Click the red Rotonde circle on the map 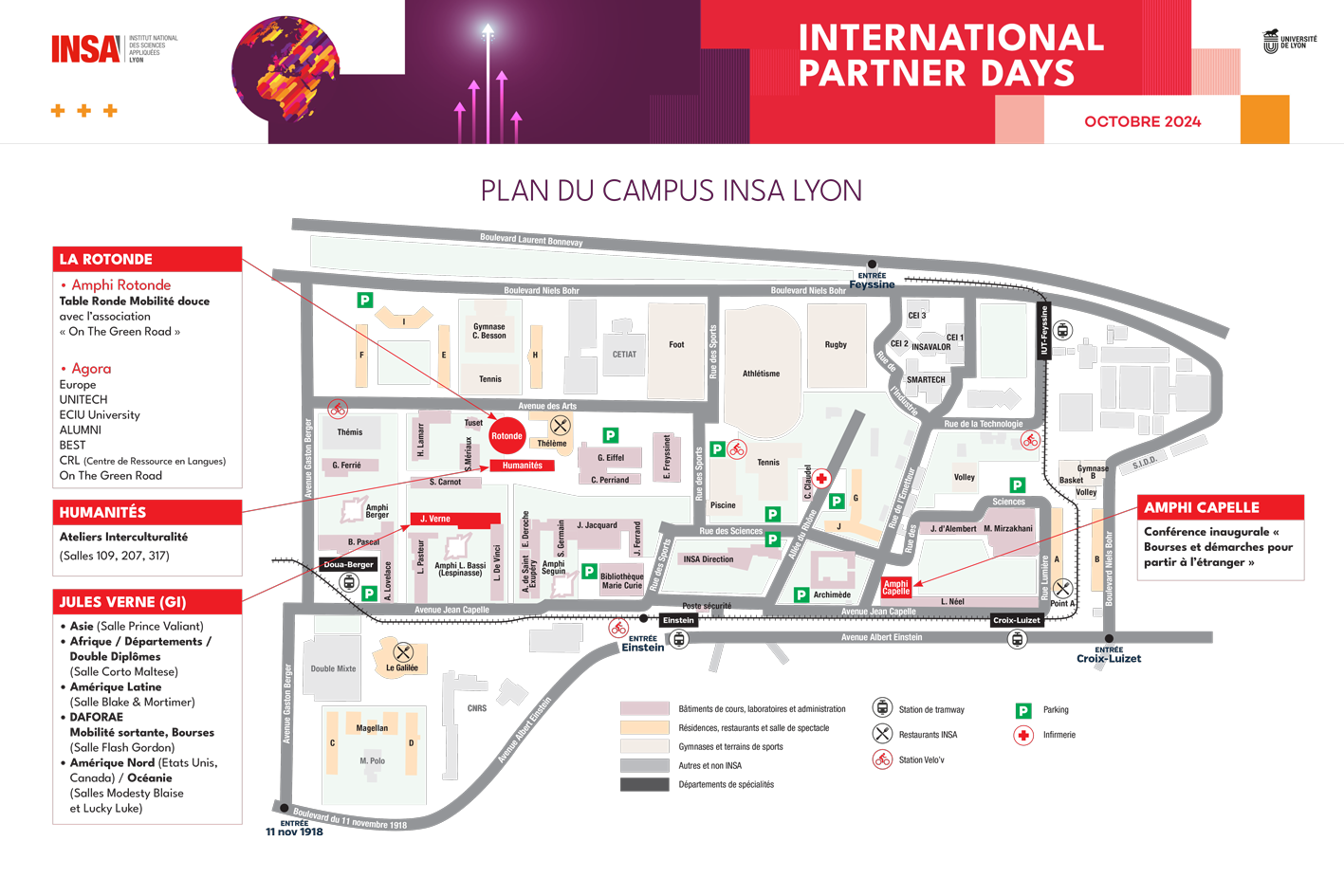pos(506,436)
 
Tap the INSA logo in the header pos(86,48)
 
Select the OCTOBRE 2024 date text pos(1142,121)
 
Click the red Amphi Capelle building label pos(895,588)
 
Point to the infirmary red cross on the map pos(821,479)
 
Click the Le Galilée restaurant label pos(402,667)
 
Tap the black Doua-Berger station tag pos(348,564)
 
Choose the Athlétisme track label pos(761,374)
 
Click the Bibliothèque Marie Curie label pos(621,581)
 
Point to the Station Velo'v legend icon pos(882,759)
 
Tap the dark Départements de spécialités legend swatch pos(645,784)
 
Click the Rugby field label pos(836,345)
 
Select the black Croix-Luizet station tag pos(1016,620)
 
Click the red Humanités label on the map pos(523,466)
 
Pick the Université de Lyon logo pos(1289,42)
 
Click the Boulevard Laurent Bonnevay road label pos(531,240)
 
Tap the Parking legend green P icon pos(1023,710)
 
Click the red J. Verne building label pos(435,519)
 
